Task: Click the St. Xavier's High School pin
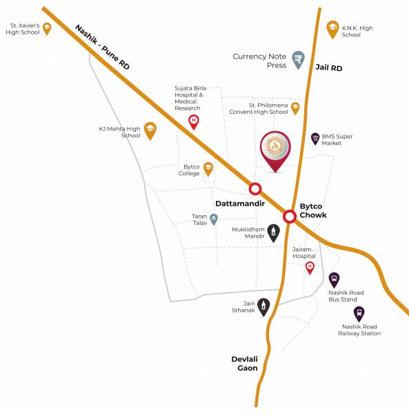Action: click(47, 28)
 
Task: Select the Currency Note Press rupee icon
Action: click(298, 59)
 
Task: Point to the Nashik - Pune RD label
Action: click(102, 46)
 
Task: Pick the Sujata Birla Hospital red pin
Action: click(194, 121)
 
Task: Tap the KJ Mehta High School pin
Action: click(150, 130)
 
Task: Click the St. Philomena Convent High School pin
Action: click(295, 108)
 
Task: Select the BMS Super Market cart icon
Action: click(315, 138)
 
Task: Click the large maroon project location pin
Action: click(276, 150)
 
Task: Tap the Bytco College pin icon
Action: click(208, 168)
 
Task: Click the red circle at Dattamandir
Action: click(255, 188)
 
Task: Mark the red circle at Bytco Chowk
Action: click(290, 216)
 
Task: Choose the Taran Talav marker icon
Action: click(214, 219)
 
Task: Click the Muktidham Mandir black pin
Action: click(274, 231)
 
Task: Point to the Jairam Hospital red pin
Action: click(310, 266)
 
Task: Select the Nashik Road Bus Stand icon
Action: click(334, 279)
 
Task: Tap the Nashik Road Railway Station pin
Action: click(359, 314)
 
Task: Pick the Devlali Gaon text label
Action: click(244, 364)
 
